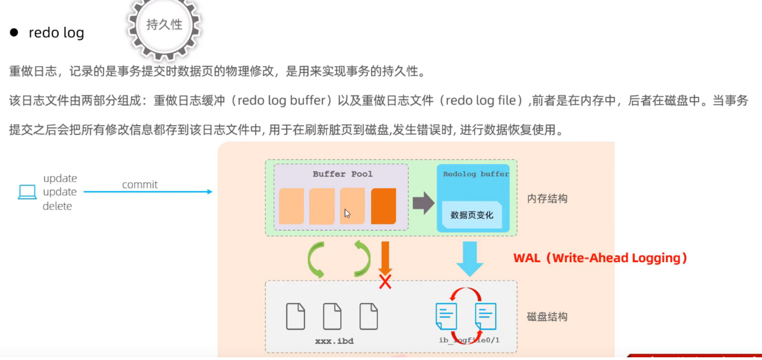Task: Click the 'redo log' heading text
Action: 56,33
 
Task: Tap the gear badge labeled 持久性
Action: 164,25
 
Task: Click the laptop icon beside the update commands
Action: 27,192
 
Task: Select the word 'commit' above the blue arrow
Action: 140,185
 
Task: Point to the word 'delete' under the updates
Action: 57,206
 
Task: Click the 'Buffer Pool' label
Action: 342,174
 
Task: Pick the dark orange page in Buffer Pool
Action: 383,206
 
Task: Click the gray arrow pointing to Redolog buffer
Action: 423,203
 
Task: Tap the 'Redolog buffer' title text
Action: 476,174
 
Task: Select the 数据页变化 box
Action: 472,215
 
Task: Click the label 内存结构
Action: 547,199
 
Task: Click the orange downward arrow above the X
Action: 385,257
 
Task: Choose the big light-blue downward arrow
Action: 470,258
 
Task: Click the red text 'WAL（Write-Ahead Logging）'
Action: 600,258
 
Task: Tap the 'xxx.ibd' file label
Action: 334,341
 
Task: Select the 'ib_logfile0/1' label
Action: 469,341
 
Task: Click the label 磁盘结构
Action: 547,316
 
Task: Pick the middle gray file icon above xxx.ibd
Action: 332,316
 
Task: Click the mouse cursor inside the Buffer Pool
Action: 347,213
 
